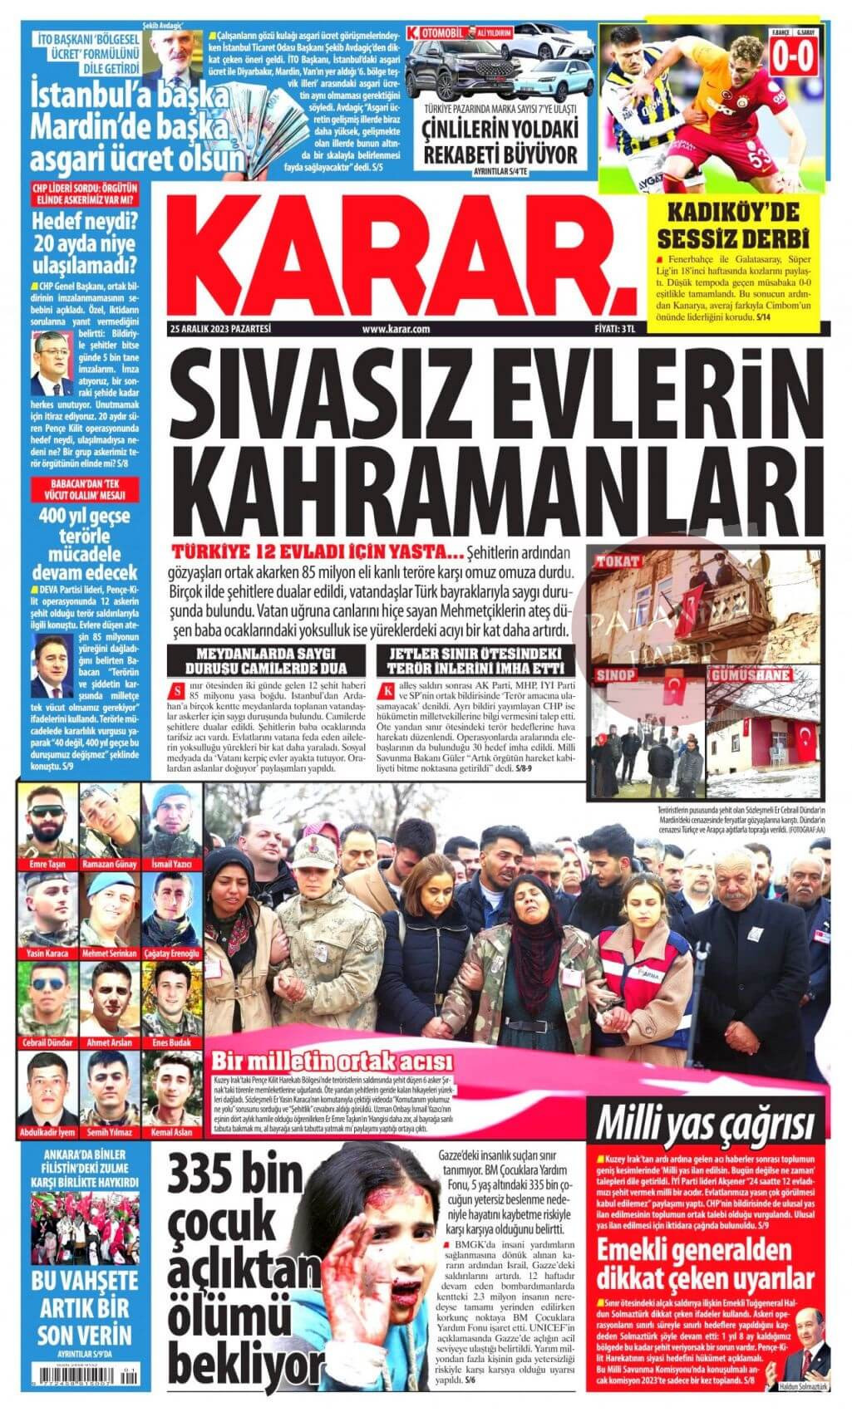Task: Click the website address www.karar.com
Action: [x=396, y=329]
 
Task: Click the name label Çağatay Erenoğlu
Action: [x=172, y=954]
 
